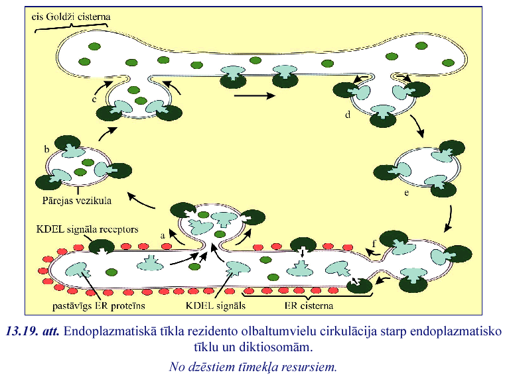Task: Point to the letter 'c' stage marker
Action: coord(95,100)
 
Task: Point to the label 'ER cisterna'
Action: coord(307,306)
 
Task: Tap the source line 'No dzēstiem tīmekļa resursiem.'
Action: coord(254,365)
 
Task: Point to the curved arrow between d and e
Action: coord(417,127)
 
